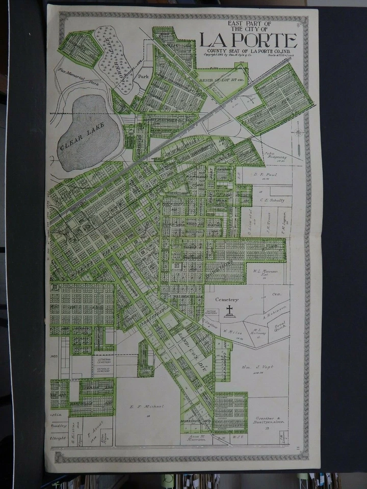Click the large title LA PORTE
pyautogui.click(x=248, y=41)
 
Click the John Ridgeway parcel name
pyautogui.click(x=276, y=156)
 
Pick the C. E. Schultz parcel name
pyautogui.click(x=272, y=200)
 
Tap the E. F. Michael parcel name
pyautogui.click(x=146, y=406)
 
